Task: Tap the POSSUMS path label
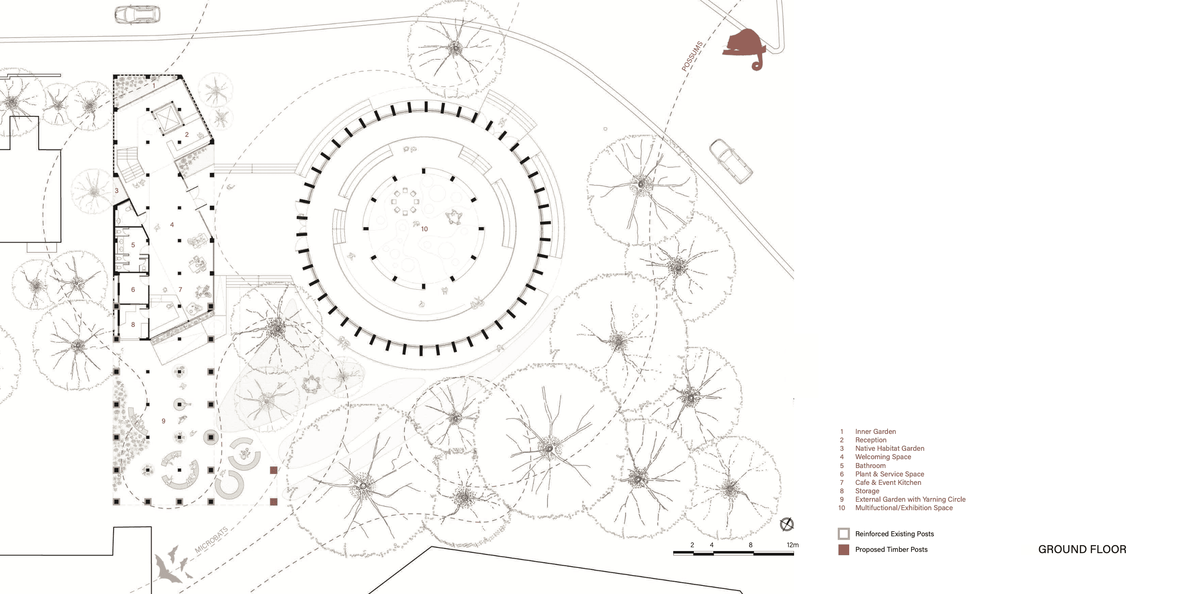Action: pyautogui.click(x=692, y=56)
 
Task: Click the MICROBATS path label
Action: pyautogui.click(x=211, y=540)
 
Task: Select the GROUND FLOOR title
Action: pyautogui.click(x=1082, y=549)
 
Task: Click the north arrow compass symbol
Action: pyautogui.click(x=786, y=524)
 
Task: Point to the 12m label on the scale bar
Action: pyautogui.click(x=792, y=545)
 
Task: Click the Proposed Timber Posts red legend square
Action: pyautogui.click(x=843, y=550)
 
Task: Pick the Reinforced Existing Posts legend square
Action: pyautogui.click(x=843, y=534)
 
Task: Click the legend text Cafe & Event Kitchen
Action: pyautogui.click(x=888, y=482)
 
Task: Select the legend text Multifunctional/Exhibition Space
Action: pyautogui.click(x=903, y=508)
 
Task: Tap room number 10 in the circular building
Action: pyautogui.click(x=424, y=229)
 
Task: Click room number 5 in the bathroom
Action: pyautogui.click(x=133, y=245)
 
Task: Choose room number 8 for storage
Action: pyautogui.click(x=133, y=324)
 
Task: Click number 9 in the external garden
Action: pyautogui.click(x=163, y=421)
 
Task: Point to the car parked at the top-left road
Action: pyautogui.click(x=137, y=14)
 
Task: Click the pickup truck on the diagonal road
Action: pyautogui.click(x=730, y=161)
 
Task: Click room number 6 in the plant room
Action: pyautogui.click(x=133, y=289)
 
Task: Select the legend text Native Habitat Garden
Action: pyautogui.click(x=890, y=449)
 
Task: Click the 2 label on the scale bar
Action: pyautogui.click(x=692, y=545)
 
